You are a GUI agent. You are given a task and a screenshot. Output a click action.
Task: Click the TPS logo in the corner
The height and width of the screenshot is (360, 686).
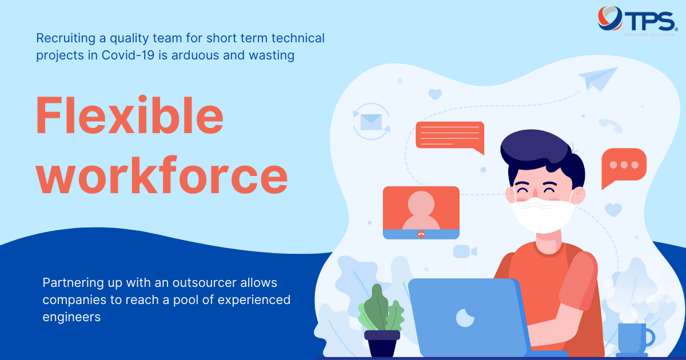click(x=637, y=21)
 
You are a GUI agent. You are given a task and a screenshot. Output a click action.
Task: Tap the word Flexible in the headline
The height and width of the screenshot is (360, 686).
click(x=130, y=115)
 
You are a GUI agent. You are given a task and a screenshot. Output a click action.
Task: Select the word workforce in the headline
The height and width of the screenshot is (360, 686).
click(x=162, y=175)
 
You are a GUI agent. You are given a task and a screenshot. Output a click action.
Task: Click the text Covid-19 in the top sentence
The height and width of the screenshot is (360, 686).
click(x=128, y=55)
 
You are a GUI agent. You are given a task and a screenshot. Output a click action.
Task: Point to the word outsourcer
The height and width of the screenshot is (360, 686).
click(x=205, y=282)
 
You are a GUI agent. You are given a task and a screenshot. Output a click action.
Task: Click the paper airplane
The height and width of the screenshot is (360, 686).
click(x=597, y=79)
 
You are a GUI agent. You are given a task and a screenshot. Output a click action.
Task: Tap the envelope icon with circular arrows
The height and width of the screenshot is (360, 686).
click(x=371, y=122)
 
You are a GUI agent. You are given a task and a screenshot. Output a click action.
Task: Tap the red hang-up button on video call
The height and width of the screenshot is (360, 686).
click(x=421, y=234)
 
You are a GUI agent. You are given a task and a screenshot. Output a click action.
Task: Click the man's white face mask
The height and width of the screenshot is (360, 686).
click(x=543, y=215)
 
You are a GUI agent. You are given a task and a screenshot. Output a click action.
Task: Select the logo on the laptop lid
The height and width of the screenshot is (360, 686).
click(x=465, y=318)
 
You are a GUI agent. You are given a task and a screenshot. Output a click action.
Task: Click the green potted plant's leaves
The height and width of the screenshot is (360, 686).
click(x=381, y=308)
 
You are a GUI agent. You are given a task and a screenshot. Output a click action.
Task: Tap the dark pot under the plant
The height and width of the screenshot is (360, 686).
click(x=382, y=343)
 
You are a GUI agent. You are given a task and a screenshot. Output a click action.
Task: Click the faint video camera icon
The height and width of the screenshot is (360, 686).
click(x=465, y=251)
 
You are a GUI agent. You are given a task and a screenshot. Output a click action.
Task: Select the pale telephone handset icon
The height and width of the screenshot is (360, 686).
click(x=611, y=126)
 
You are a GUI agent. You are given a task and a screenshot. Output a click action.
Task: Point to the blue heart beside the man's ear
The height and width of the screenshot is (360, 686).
click(x=613, y=210)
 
